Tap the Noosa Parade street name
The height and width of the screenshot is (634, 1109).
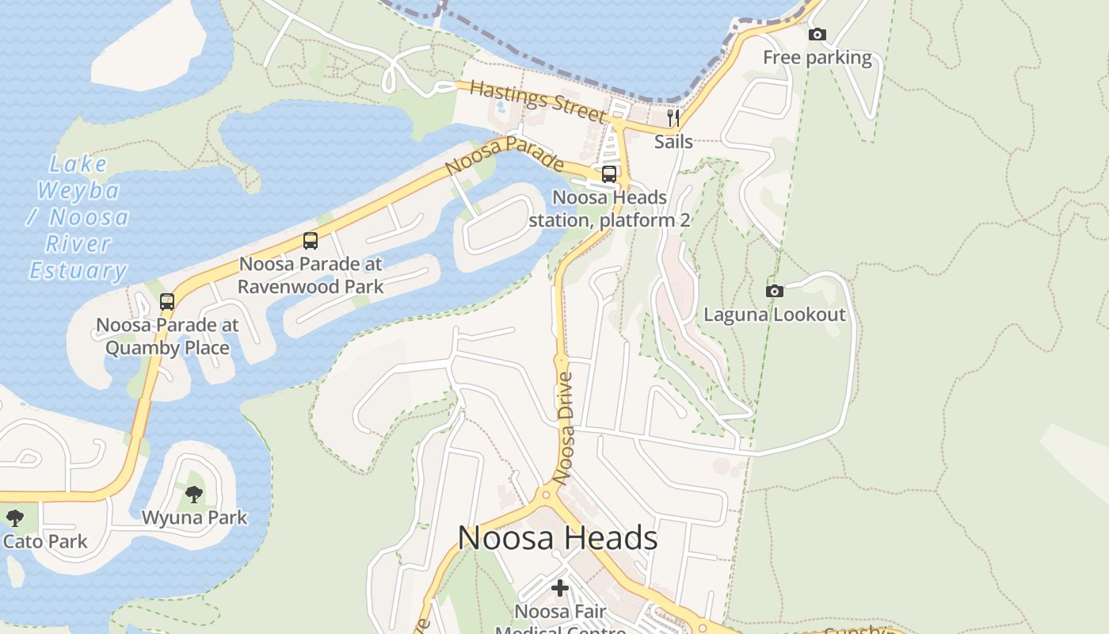coord(505,155)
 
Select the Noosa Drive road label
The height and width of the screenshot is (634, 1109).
coord(565,428)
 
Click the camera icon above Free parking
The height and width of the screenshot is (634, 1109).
coord(817,34)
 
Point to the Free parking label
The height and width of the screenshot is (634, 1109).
coord(817,58)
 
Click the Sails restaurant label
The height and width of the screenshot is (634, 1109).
coord(673,142)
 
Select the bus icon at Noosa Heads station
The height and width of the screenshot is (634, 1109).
coord(609,174)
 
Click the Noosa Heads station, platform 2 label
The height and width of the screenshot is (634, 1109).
coord(609,208)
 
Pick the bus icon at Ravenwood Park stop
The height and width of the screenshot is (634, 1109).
coord(311,241)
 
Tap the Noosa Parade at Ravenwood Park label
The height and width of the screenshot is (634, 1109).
coord(311,275)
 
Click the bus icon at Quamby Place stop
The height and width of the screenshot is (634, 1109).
coord(167,302)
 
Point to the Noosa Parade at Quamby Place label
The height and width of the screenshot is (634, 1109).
coord(167,336)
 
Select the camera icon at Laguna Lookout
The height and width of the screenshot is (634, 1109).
coord(775,292)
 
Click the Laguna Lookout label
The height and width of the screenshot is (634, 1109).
coord(775,315)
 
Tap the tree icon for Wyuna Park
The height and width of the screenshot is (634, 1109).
coord(194,495)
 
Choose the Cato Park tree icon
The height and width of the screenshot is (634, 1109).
coord(14,519)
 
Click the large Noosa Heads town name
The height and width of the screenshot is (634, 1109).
coord(558,539)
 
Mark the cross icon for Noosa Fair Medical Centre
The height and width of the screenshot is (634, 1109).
coord(560,588)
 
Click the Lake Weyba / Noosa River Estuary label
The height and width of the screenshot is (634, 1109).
coord(78,217)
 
